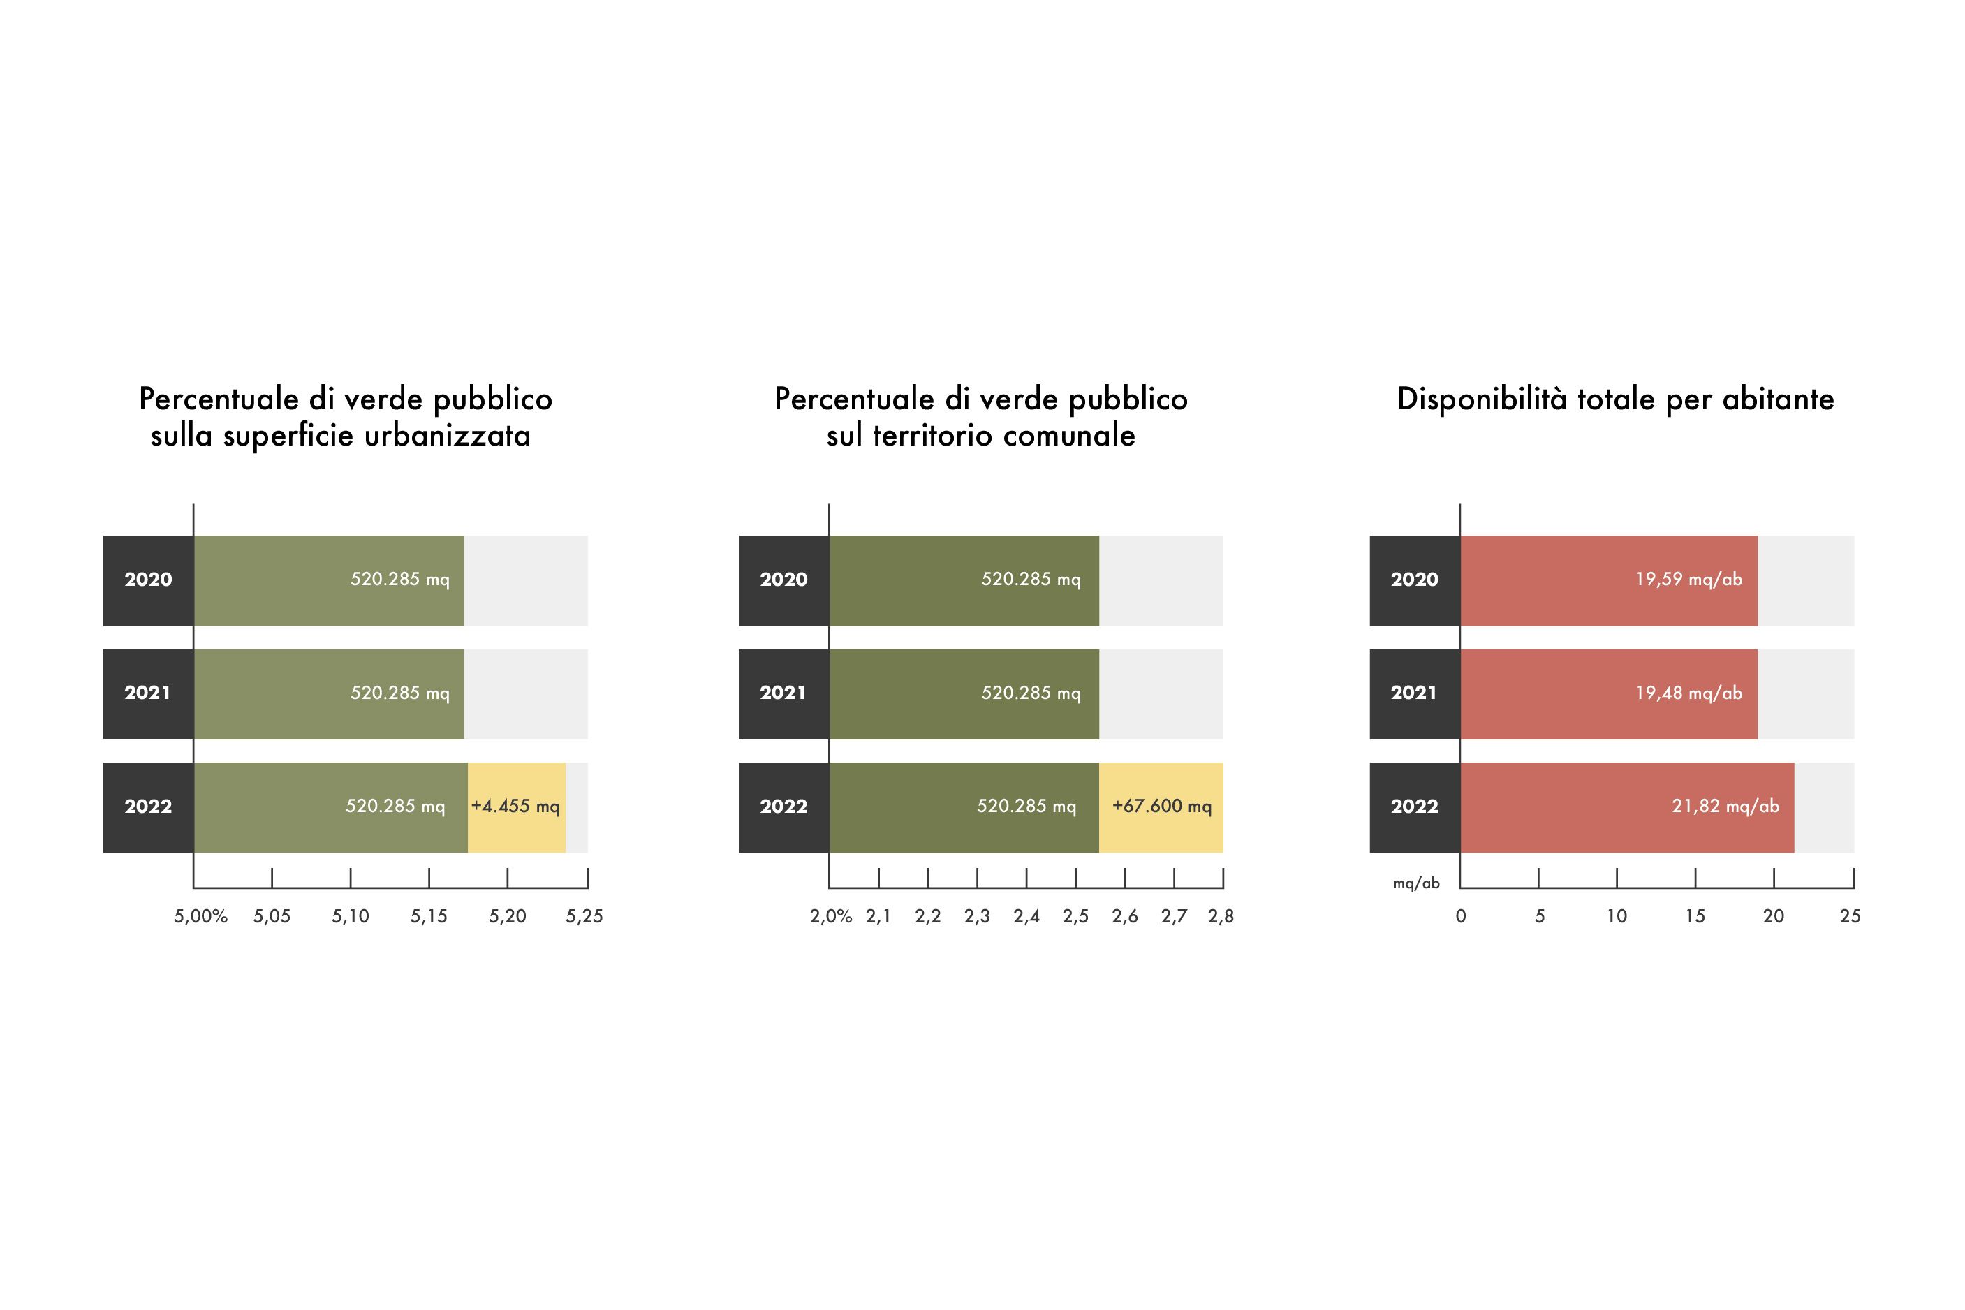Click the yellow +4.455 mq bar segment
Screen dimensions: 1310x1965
516,807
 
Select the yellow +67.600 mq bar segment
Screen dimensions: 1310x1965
1161,807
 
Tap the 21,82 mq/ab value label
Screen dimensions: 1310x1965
1725,807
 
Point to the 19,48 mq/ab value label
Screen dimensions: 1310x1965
1688,693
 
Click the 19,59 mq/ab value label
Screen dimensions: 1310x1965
1688,579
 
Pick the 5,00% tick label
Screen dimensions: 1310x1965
200,916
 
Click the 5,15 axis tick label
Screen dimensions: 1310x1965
429,916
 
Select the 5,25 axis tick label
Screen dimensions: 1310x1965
584,916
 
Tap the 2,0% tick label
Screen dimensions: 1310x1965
830,916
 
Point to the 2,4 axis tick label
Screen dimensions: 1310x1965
1026,916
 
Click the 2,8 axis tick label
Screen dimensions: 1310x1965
1221,916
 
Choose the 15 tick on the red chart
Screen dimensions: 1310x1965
1694,916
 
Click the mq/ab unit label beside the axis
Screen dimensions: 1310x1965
1416,883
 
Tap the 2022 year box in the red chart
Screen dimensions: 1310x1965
1415,807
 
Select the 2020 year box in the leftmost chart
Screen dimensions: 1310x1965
148,580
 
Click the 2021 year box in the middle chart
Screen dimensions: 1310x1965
783,693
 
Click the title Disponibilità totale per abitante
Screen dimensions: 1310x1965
1615,399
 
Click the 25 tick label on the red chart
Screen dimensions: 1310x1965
1850,916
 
